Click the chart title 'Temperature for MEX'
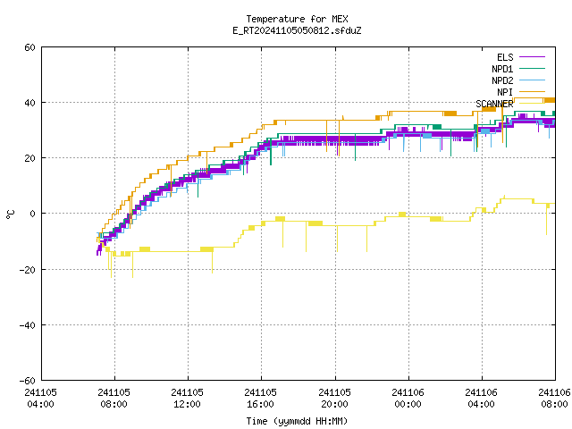(297, 19)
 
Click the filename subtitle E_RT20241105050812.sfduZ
(297, 30)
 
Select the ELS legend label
(505, 57)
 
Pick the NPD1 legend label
(502, 69)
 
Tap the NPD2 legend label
(502, 80)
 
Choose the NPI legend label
(505, 92)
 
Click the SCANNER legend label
(494, 104)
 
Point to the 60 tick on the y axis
(29, 47)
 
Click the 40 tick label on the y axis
(29, 103)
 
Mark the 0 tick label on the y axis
(32, 214)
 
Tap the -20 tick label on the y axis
(28, 270)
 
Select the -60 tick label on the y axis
(28, 381)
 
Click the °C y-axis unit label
(11, 214)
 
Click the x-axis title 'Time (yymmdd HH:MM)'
(297, 421)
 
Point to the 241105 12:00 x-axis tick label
(187, 398)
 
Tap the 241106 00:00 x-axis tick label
(408, 398)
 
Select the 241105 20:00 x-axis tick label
(334, 398)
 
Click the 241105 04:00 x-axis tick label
(40, 398)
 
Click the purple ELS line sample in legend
(532, 57)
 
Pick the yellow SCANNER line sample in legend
(532, 104)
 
